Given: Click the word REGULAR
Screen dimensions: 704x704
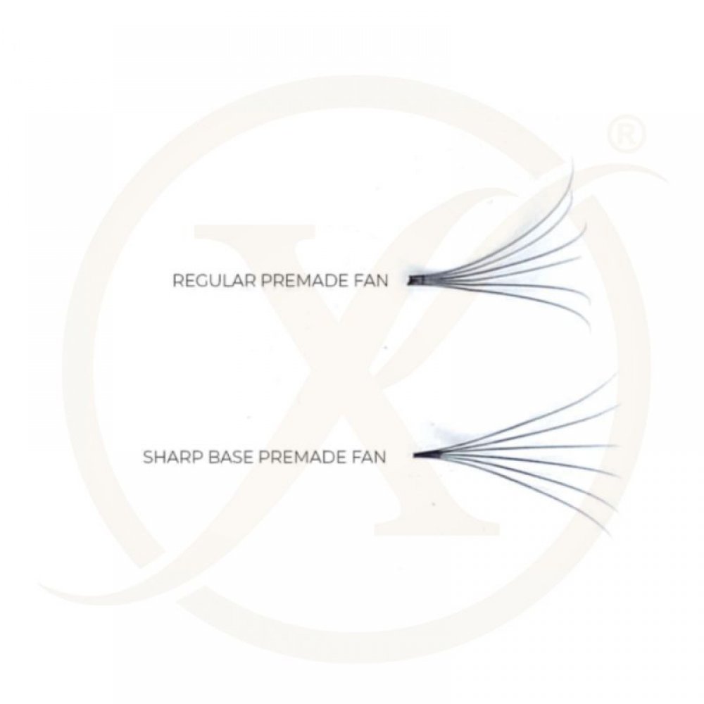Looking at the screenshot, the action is pos(215,281).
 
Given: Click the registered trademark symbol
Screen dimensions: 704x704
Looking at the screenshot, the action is pos(627,134).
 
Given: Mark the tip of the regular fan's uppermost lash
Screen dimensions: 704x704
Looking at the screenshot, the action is pos(572,158).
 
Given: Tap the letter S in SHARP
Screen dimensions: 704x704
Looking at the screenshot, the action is pos(149,457).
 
